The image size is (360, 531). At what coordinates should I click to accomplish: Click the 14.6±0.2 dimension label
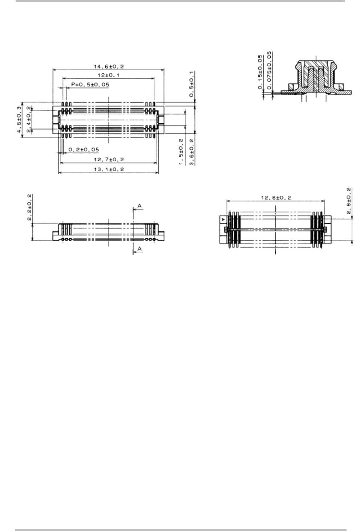click(x=109, y=66)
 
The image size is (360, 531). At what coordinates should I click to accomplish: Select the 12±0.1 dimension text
click(x=109, y=76)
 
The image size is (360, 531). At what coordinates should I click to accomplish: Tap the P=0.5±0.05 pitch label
click(x=90, y=84)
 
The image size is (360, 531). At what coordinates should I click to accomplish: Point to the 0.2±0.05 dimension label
click(x=84, y=150)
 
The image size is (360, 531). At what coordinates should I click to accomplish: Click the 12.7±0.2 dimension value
click(x=109, y=159)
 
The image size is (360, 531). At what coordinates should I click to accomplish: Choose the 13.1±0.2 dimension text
click(x=109, y=170)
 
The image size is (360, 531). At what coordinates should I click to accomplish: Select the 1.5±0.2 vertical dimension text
click(x=181, y=152)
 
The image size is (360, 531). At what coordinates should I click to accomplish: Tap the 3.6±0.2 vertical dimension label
click(x=191, y=152)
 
